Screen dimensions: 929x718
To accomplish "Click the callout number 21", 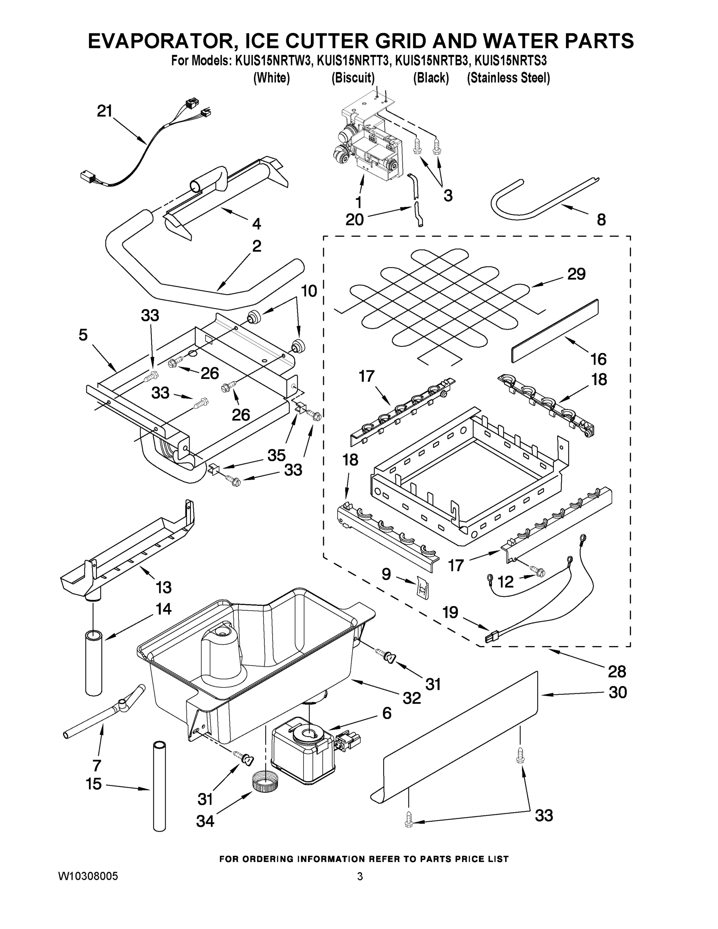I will pos(104,111).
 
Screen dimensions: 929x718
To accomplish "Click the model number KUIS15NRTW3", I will pos(274,61).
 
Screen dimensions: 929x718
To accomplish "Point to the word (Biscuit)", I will pos(353,78).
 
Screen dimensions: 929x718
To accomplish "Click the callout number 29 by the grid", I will pos(576,274).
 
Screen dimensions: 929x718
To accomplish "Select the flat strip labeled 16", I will pos(554,331).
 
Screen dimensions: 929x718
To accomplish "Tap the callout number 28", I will pos(617,671).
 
